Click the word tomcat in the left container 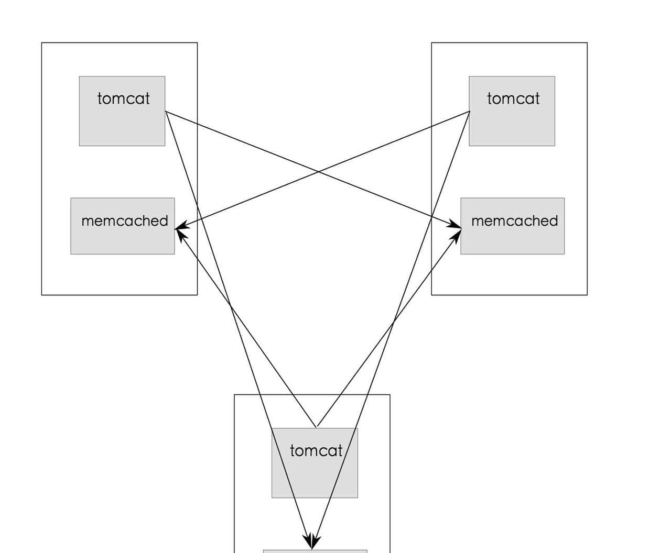pyautogui.click(x=123, y=98)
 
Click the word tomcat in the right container pyautogui.click(x=513, y=98)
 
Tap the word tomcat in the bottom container pyautogui.click(x=316, y=450)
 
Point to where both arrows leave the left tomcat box pyautogui.click(x=166, y=112)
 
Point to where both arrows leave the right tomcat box pyautogui.click(x=469, y=112)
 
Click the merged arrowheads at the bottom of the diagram pyautogui.click(x=311, y=542)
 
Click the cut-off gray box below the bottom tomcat pyautogui.click(x=315, y=551)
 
